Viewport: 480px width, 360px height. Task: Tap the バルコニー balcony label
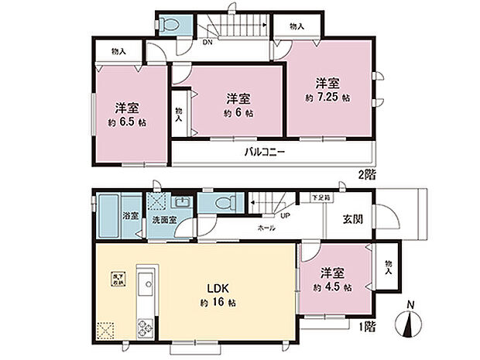265,152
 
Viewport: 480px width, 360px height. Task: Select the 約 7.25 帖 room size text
327,98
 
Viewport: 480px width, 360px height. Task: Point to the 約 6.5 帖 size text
128,123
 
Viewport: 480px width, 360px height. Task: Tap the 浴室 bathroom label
132,216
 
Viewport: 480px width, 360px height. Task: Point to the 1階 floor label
368,328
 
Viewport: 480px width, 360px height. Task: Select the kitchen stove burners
144,329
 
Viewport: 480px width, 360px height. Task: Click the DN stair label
207,43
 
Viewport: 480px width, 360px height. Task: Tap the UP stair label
285,216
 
